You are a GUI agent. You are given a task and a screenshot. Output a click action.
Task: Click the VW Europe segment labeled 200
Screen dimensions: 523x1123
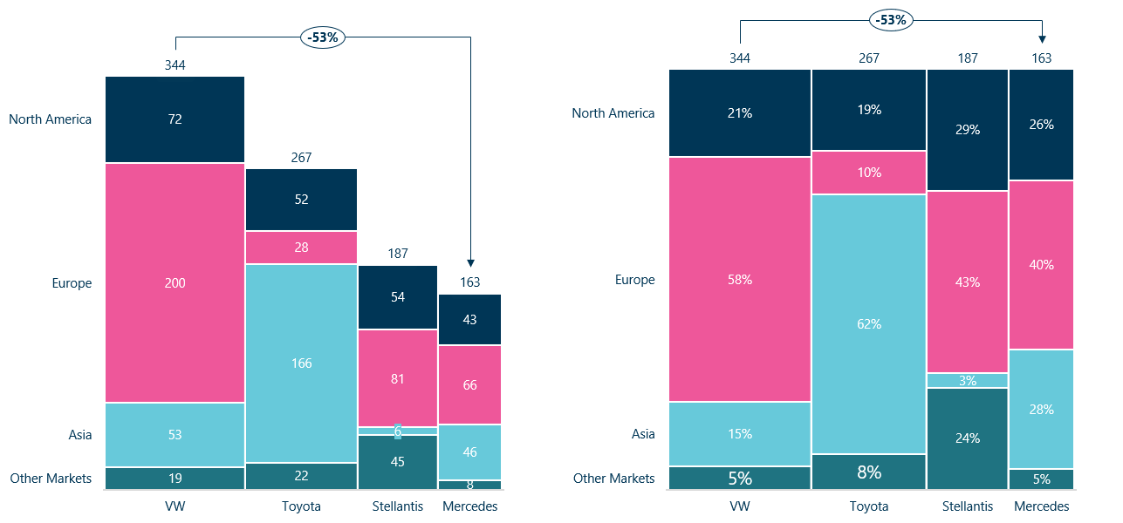tap(175, 282)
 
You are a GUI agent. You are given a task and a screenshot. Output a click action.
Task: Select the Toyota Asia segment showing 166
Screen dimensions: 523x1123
tap(301, 363)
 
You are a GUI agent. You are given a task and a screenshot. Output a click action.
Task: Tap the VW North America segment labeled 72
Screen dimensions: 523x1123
tap(175, 119)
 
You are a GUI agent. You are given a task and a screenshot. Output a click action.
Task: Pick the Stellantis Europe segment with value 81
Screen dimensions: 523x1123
tap(398, 378)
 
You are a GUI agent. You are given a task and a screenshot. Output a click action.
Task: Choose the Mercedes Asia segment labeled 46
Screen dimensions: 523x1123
tap(469, 452)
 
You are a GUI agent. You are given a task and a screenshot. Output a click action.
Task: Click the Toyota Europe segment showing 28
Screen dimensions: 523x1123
tap(301, 248)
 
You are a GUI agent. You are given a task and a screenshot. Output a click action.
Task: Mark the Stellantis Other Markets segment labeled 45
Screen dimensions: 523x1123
tap(398, 462)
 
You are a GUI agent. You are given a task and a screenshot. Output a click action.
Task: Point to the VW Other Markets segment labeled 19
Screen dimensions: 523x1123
tap(175, 478)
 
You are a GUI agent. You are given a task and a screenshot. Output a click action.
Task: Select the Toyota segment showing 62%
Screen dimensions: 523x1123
tap(868, 323)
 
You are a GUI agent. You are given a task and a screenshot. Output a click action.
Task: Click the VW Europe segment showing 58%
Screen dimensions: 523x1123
tap(740, 279)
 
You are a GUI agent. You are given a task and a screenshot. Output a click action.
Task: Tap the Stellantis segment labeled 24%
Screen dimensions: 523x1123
tap(967, 438)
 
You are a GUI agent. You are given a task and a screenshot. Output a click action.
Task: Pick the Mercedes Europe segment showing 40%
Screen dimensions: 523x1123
tap(1041, 264)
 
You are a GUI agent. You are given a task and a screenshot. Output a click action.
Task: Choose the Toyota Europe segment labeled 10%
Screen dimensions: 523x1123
tap(868, 172)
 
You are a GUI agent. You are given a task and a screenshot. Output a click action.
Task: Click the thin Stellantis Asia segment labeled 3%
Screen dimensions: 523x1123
tap(967, 380)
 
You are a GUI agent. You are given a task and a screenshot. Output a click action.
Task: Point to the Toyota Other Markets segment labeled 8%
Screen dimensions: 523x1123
tap(868, 472)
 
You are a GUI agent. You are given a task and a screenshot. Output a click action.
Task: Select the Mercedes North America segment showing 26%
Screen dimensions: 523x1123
tap(1041, 124)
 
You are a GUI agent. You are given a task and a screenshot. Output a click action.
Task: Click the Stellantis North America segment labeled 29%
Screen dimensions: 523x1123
tap(967, 129)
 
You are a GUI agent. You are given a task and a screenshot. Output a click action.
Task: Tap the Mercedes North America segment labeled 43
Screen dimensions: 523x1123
tap(469, 319)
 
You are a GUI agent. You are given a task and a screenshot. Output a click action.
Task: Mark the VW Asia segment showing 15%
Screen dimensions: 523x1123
tap(740, 433)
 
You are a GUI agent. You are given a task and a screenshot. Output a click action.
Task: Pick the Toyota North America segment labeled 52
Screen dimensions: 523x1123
tap(301, 199)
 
